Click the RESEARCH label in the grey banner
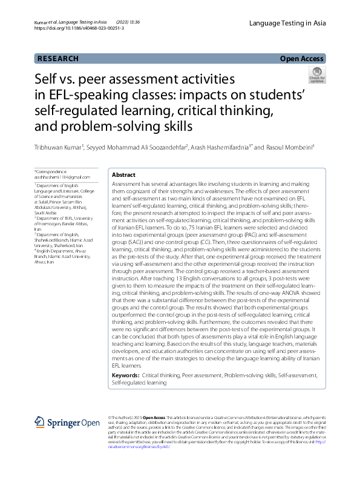point(58,59)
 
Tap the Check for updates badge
point(316,75)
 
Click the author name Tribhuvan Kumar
point(58,148)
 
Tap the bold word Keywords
point(126,376)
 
